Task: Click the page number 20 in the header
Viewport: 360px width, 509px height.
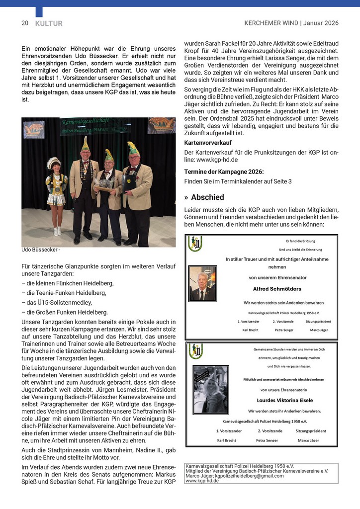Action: coord(24,23)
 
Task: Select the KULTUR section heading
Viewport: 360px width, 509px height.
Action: coord(49,23)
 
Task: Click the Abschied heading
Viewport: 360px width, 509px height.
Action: coord(207,197)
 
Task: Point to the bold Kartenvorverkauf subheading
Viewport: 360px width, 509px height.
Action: coord(208,142)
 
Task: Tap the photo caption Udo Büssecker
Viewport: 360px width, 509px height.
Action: coord(40,250)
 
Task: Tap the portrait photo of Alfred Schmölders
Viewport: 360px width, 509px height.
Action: coord(202,283)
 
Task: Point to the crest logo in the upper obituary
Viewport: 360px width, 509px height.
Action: coord(195,244)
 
